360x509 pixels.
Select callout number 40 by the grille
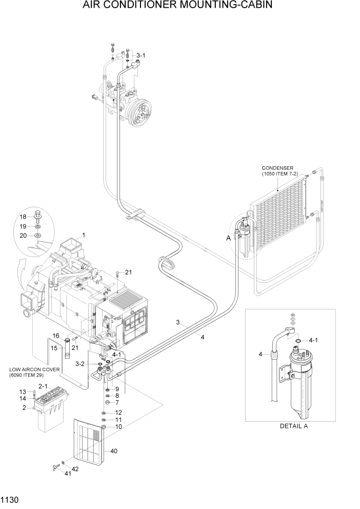coord(113,451)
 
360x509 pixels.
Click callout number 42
coord(75,468)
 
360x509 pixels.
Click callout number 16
coord(56,336)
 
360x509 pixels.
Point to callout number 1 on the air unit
coord(83,235)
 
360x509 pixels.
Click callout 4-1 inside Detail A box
coord(314,340)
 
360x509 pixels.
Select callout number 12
coord(118,412)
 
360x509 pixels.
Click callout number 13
coord(23,392)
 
